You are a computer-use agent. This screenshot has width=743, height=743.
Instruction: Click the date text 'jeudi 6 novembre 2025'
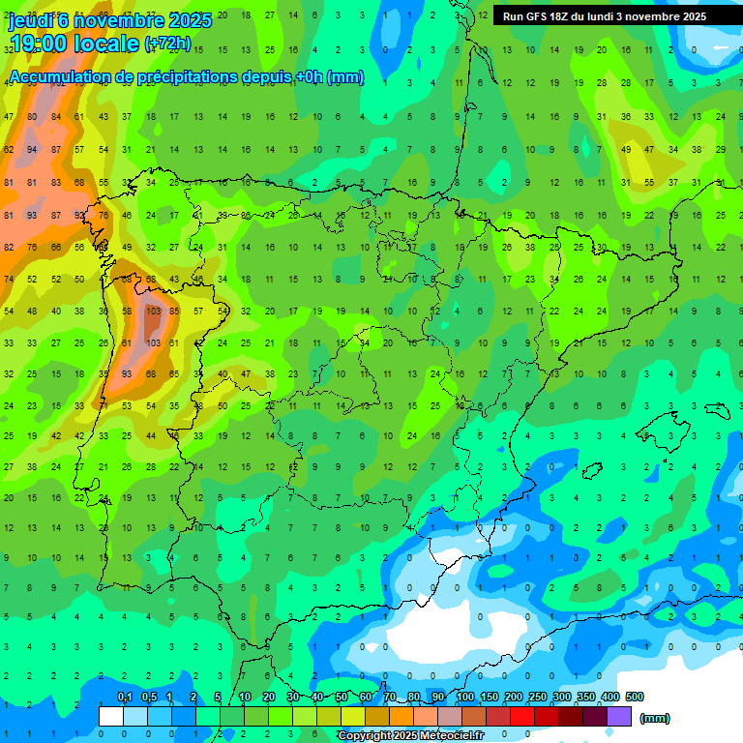pyautogui.click(x=109, y=20)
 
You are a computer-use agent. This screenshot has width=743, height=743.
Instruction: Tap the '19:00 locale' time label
pyautogui.click(x=74, y=45)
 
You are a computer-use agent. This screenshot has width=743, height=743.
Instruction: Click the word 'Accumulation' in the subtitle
pyautogui.click(x=65, y=77)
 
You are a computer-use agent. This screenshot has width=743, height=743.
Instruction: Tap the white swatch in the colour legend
pyautogui.click(x=111, y=716)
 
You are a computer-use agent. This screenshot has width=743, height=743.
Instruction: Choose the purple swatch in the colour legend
pyautogui.click(x=619, y=716)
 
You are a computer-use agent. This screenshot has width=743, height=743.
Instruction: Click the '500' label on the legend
pyautogui.click(x=634, y=697)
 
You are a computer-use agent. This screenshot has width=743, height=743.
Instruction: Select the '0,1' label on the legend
pyautogui.click(x=124, y=697)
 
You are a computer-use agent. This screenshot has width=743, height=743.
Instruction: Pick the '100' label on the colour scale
pyautogui.click(x=464, y=697)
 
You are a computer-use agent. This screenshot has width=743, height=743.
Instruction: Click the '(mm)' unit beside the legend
pyautogui.click(x=655, y=718)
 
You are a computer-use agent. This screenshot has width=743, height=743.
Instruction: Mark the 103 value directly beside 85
pyautogui.click(x=152, y=312)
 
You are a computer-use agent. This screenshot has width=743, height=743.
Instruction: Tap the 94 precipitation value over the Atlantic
pyautogui.click(x=33, y=150)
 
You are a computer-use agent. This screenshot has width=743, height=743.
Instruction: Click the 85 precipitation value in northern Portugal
pyautogui.click(x=175, y=312)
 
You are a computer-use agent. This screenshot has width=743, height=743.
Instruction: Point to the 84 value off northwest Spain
pyautogui.click(x=56, y=117)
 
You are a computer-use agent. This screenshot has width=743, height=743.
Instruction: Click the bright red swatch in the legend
pyautogui.click(x=522, y=716)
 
